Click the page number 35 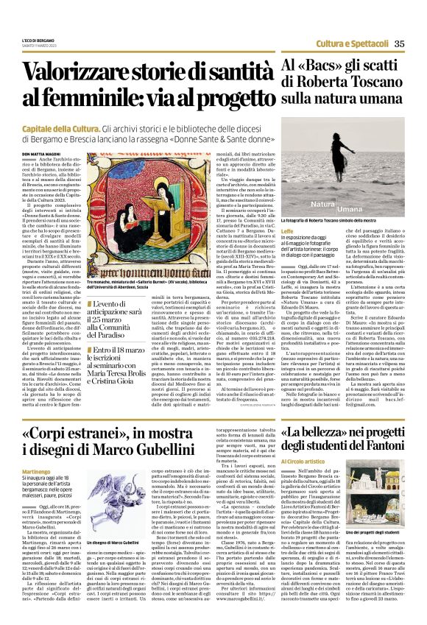coord(399,43)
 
